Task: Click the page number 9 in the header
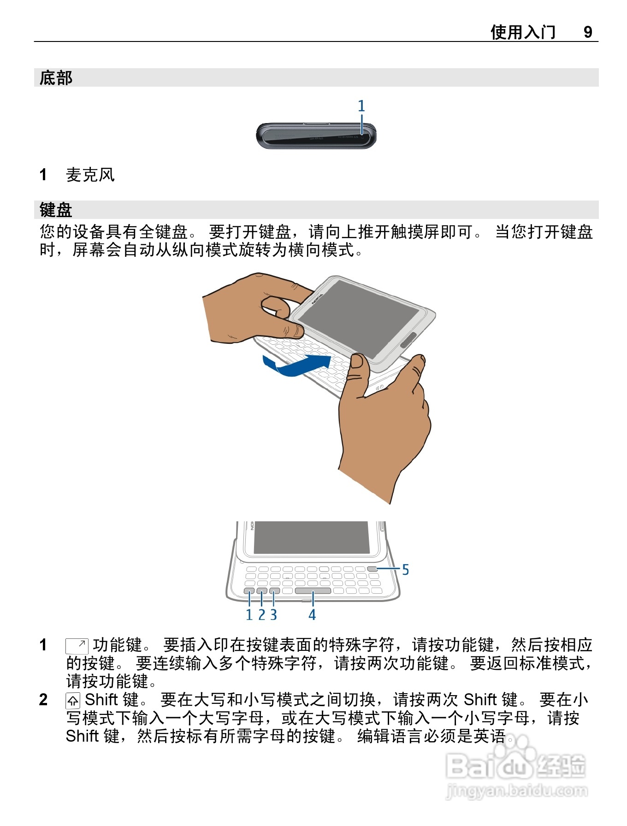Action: click(588, 32)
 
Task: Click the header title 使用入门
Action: click(523, 32)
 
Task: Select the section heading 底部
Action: click(56, 78)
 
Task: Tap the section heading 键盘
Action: click(56, 210)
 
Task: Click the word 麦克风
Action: click(90, 175)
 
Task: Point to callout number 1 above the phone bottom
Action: click(361, 106)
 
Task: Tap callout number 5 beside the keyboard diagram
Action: click(405, 570)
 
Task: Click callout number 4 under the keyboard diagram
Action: click(312, 615)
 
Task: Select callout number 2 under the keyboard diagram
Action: click(261, 615)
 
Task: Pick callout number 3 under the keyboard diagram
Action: click(273, 615)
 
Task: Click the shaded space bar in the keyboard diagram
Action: click(313, 591)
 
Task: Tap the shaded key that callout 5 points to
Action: click(373, 569)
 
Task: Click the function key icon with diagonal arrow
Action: click(77, 646)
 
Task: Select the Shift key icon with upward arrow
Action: click(73, 701)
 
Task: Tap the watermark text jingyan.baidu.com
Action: click(517, 791)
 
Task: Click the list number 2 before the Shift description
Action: click(43, 700)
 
